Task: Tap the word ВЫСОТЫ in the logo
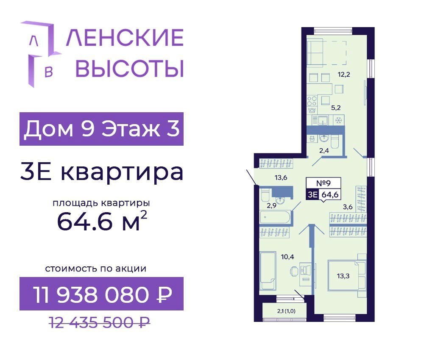click(129, 68)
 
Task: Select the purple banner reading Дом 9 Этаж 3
click(101, 129)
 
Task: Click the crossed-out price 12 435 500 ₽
click(99, 322)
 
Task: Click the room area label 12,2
click(344, 74)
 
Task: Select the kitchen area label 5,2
click(336, 108)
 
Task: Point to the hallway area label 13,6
click(281, 177)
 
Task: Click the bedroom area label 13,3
click(343, 276)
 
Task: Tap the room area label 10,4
click(287, 257)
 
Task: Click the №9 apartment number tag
click(324, 183)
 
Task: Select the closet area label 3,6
click(348, 207)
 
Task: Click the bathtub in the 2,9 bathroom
click(276, 217)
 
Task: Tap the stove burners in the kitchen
click(312, 101)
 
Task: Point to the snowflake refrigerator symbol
click(338, 120)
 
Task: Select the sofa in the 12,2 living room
click(315, 52)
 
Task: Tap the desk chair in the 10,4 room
click(294, 271)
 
